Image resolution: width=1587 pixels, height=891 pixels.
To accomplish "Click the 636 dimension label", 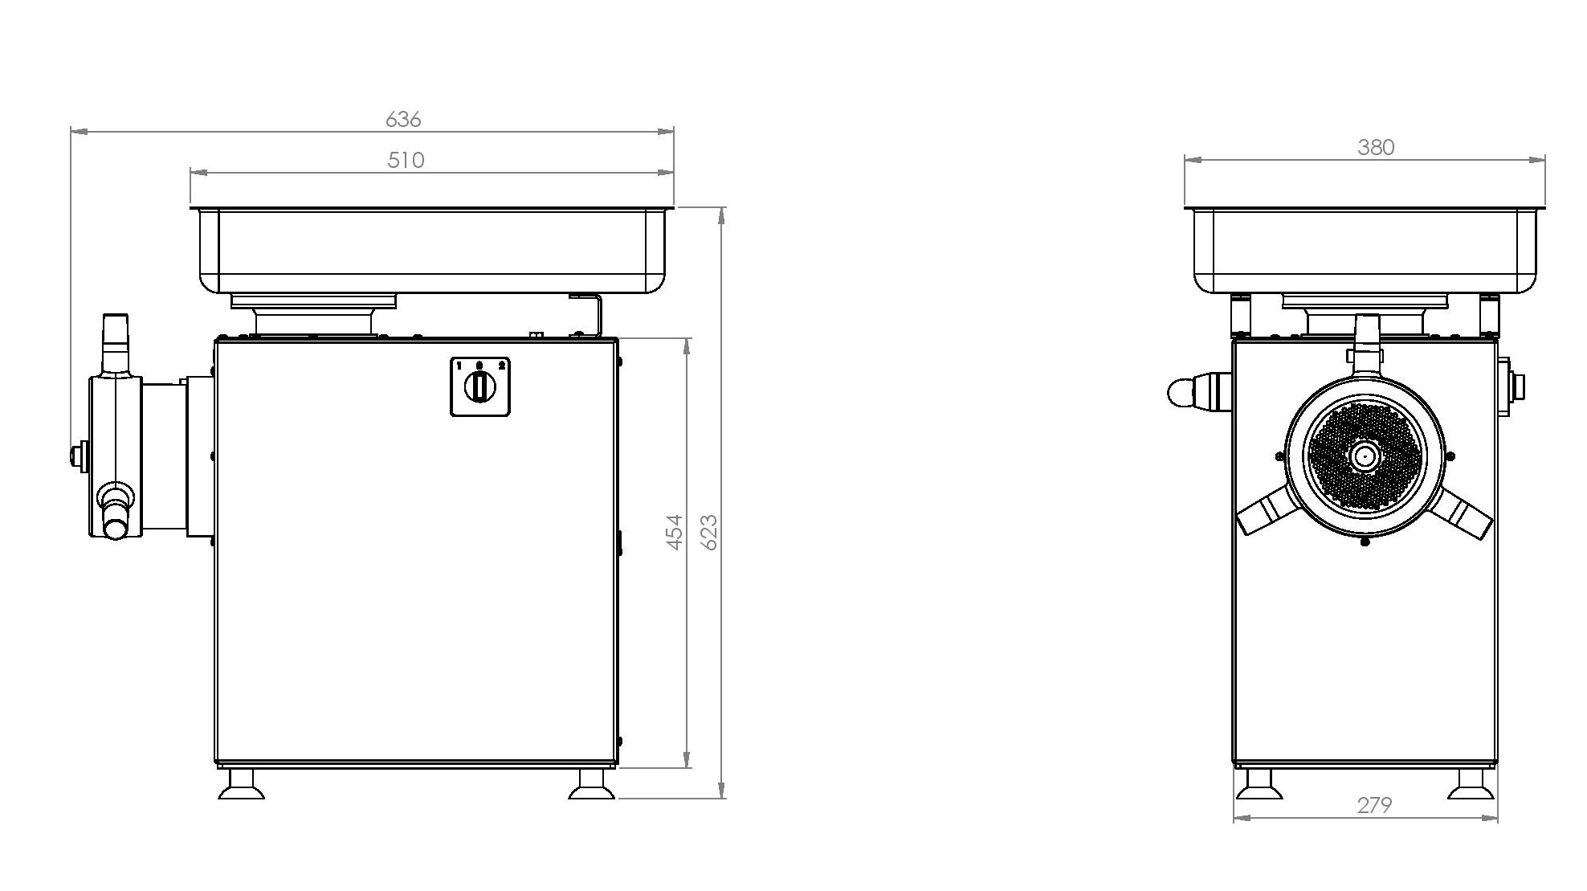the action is [403, 119].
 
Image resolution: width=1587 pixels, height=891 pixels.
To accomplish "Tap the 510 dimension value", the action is [406, 160].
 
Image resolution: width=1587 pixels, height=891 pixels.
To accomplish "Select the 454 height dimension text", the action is [675, 532].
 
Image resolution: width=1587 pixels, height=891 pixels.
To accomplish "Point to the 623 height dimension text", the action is [709, 532].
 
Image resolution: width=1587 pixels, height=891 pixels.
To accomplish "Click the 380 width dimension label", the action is [1376, 147].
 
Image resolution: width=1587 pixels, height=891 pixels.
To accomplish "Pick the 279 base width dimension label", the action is [1374, 804].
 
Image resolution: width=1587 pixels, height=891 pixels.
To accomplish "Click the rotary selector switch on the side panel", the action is [480, 386].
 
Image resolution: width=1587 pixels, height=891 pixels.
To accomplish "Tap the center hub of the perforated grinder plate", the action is [1363, 456].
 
